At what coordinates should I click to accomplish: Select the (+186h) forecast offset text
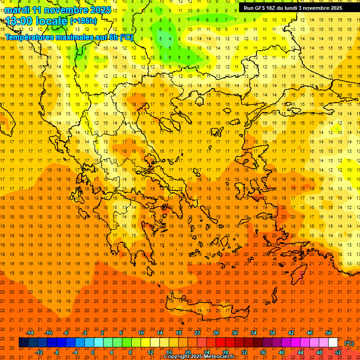click(83, 21)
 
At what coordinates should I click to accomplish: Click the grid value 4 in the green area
click(170, 38)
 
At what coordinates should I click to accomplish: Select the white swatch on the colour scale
click(333, 343)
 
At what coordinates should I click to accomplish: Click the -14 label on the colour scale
click(30, 333)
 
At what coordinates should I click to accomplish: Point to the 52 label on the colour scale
click(338, 352)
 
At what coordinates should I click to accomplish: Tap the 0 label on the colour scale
click(93, 352)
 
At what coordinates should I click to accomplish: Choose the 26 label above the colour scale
click(216, 333)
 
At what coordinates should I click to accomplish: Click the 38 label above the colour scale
click(272, 333)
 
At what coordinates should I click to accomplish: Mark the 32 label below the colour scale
click(244, 352)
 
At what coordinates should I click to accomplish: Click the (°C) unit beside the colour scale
click(349, 343)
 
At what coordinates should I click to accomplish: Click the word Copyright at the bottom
click(177, 357)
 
